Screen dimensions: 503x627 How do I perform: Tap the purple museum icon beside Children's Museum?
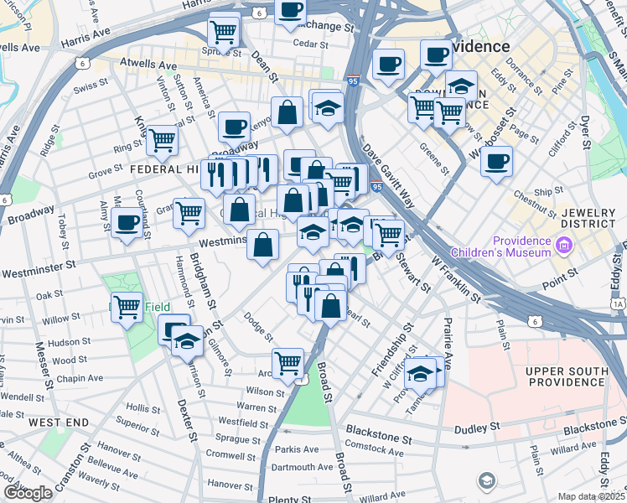(x=564, y=246)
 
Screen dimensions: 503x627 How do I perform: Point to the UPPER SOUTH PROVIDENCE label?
(x=566, y=377)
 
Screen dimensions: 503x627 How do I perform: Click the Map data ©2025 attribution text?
(x=590, y=496)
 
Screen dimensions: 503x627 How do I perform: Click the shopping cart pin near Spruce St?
(x=224, y=31)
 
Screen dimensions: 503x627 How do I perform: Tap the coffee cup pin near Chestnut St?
(x=497, y=160)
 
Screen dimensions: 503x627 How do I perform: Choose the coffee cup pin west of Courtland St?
(x=127, y=223)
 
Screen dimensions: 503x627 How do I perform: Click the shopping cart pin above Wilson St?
(x=288, y=362)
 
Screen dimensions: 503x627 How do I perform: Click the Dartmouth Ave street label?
(x=303, y=467)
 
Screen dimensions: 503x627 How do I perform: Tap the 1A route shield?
(x=619, y=304)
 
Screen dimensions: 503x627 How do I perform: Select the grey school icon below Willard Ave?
(x=486, y=481)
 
